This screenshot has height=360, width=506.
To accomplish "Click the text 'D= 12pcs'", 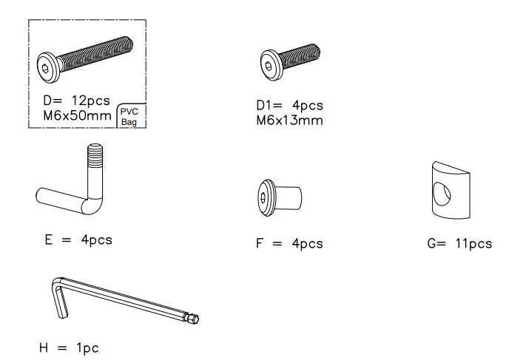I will (x=76, y=99).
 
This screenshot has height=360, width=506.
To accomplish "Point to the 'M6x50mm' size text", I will (x=76, y=115).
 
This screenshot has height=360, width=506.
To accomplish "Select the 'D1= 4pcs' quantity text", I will (x=289, y=106).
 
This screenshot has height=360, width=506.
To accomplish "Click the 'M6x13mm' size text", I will (x=289, y=120).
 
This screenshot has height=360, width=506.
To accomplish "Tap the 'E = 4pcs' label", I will (x=78, y=240).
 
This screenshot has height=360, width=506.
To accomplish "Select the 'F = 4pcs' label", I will (x=289, y=243).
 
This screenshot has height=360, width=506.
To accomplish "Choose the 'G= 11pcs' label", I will (x=459, y=243).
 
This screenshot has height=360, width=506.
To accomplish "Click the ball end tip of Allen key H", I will (x=195, y=319).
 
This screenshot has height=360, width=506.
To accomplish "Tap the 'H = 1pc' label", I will (x=68, y=347).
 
